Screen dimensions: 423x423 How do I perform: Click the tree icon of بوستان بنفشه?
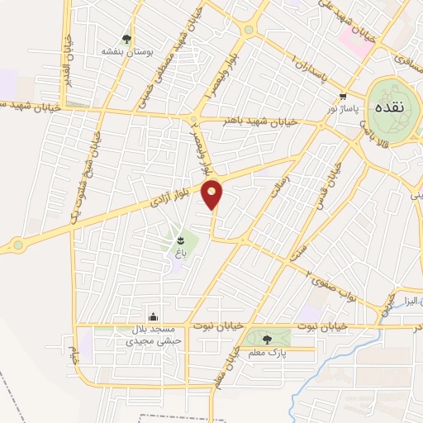click(126, 38)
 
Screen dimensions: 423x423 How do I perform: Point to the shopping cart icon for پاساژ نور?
click(342, 96)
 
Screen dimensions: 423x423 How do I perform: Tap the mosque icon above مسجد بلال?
click(152, 316)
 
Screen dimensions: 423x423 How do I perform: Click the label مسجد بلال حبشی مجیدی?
click(146, 334)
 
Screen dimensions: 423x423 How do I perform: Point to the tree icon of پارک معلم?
click(266, 338)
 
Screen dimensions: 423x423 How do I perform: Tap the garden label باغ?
click(176, 253)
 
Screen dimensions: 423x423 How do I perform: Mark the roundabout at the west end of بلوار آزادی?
click(18, 245)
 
